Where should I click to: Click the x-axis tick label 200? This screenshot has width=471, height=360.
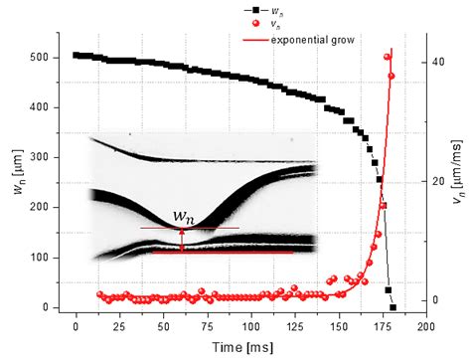pos(423,325)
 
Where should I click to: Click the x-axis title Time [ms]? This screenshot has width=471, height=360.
pos(250,346)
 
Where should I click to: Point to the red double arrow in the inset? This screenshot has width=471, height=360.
pos(181,239)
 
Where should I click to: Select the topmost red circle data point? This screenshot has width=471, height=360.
pos(388,57)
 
